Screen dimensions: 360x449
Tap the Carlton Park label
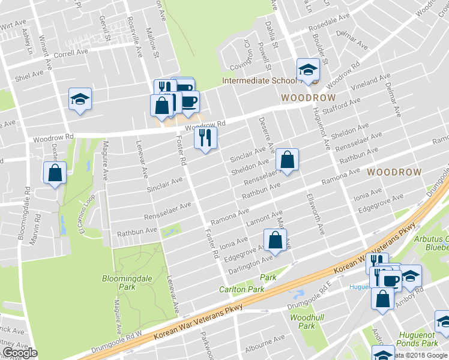point(247,289)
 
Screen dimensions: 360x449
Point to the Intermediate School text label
point(259,80)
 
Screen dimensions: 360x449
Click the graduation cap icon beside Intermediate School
point(308,70)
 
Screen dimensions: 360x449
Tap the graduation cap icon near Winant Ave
point(79,98)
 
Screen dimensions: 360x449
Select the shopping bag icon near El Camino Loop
point(55,172)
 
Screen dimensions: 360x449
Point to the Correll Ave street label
point(71,52)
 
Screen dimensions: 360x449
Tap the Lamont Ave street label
point(265,218)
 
